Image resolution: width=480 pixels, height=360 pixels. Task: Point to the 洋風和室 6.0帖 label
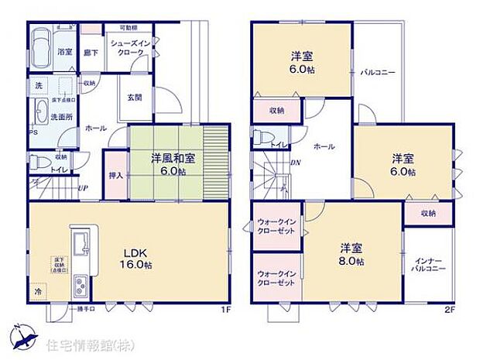[x=172, y=163]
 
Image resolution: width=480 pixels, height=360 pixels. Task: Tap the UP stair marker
[x=81, y=188]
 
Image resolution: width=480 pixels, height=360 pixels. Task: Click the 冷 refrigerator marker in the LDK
[x=37, y=293]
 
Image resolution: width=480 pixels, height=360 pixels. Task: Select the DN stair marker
[x=295, y=163]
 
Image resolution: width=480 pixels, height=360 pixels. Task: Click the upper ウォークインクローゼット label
[x=276, y=229]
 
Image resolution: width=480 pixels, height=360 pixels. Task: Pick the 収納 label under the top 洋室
[x=276, y=111]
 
